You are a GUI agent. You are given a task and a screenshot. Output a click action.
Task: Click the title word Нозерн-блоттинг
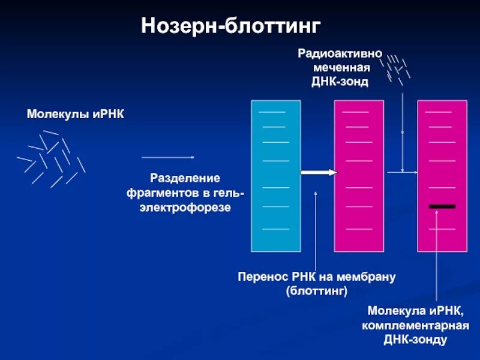(x=232, y=26)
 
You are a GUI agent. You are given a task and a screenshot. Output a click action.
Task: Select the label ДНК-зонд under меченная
(x=340, y=82)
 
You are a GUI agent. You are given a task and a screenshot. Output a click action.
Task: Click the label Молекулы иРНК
(x=76, y=114)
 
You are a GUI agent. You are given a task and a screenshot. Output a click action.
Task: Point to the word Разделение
(x=185, y=179)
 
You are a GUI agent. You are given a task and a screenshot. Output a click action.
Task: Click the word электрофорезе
(x=185, y=208)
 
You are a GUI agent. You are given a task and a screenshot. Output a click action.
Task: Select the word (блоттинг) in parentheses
(x=317, y=292)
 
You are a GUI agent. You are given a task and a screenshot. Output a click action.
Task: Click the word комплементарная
(x=415, y=326)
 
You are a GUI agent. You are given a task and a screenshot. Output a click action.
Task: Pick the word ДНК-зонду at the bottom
(x=415, y=340)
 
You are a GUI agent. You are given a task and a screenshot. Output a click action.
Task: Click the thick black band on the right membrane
(x=442, y=206)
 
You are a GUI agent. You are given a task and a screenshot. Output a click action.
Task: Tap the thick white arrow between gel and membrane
(x=319, y=173)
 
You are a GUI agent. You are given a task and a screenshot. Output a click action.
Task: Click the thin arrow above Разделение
(x=168, y=157)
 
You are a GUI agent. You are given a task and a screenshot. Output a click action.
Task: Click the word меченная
(x=340, y=68)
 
